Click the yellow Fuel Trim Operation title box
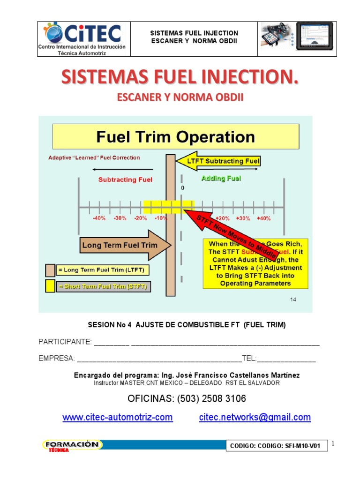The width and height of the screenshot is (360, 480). click(x=175, y=137)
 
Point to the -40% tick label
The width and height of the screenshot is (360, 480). click(x=99, y=218)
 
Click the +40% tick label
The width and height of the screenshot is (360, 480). click(x=263, y=218)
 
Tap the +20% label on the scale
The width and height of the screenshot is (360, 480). click(x=223, y=218)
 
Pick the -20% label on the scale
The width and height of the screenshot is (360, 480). click(x=140, y=218)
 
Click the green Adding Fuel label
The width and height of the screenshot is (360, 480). click(x=221, y=179)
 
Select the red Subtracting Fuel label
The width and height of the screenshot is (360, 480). click(x=125, y=180)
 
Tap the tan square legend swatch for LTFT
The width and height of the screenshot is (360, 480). click(x=50, y=270)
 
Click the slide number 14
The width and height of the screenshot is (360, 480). click(x=293, y=300)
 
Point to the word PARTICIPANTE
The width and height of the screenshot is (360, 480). click(x=65, y=342)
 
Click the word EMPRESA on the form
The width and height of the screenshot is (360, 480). click(x=56, y=359)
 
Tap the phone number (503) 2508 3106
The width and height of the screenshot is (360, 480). click(x=187, y=399)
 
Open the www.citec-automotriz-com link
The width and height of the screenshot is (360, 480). click(x=118, y=417)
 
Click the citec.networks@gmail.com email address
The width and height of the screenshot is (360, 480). click(x=255, y=417)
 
